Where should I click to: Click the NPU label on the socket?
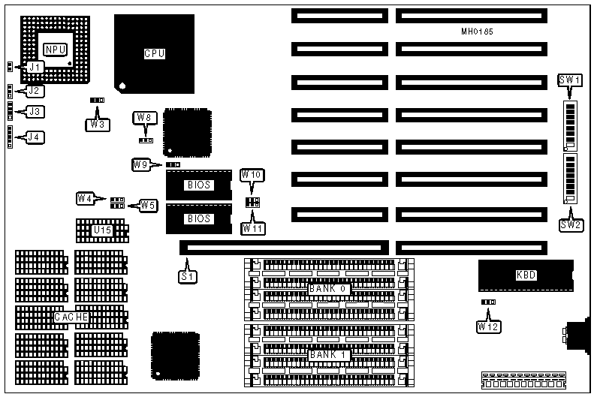pyautogui.click(x=55, y=50)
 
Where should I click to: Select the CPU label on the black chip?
pyautogui.click(x=154, y=53)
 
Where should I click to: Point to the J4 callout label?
pyautogui.click(x=34, y=137)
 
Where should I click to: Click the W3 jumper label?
pyautogui.click(x=97, y=125)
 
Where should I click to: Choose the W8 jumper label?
pyautogui.click(x=145, y=117)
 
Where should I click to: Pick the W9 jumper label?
pyautogui.click(x=140, y=164)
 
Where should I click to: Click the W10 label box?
pyautogui.click(x=252, y=175)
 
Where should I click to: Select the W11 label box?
pyautogui.click(x=252, y=227)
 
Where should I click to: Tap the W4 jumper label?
pyautogui.click(x=86, y=198)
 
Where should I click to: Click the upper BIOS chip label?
pyautogui.click(x=198, y=185)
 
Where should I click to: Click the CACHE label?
pyautogui.click(x=71, y=317)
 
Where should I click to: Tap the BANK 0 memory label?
pyautogui.click(x=329, y=288)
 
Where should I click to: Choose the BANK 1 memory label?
pyautogui.click(x=329, y=353)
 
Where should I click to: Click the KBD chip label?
pyautogui.click(x=526, y=275)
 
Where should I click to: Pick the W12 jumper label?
pyautogui.click(x=487, y=326)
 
